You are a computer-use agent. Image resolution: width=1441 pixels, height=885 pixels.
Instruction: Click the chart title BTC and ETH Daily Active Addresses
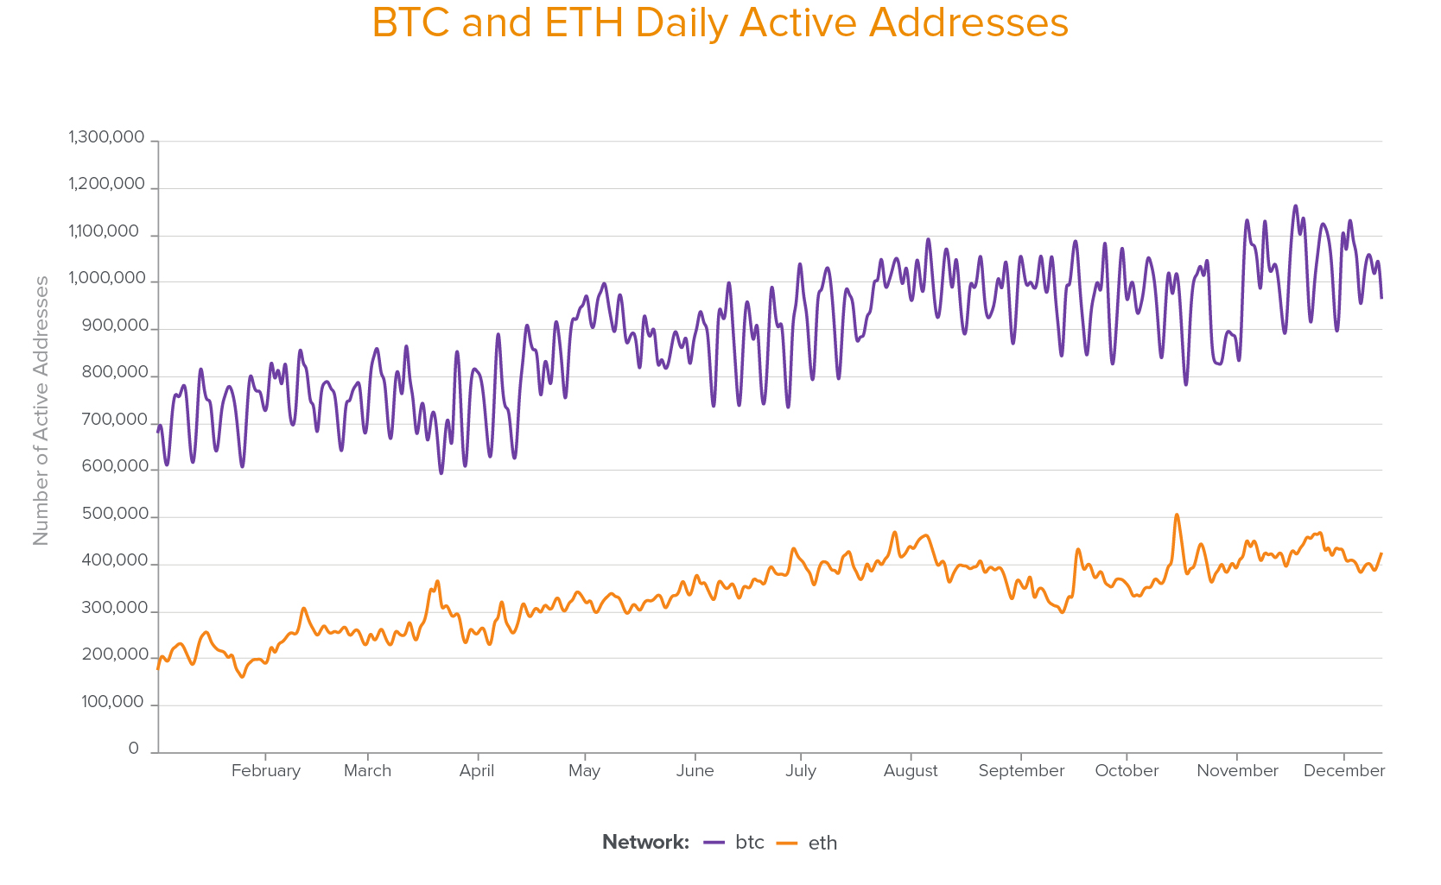coord(720,23)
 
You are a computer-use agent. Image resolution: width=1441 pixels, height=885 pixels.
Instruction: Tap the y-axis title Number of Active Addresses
coord(41,411)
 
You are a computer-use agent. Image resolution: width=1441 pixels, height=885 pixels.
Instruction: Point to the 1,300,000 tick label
coord(106,137)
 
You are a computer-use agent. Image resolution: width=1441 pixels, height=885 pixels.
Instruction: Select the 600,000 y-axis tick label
coord(115,466)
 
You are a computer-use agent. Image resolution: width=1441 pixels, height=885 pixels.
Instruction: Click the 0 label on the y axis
coord(133,749)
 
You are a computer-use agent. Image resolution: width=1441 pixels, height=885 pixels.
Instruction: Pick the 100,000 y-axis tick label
coord(112,702)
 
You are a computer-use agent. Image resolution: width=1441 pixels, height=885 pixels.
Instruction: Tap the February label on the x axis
coord(265,771)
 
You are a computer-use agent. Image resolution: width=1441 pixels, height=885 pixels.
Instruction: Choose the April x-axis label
coord(476,771)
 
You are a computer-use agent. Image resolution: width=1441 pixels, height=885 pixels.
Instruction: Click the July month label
coord(800,771)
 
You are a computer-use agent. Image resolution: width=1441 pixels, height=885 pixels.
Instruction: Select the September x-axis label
coord(1021,771)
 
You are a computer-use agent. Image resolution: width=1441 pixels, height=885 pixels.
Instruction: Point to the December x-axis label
coord(1343,771)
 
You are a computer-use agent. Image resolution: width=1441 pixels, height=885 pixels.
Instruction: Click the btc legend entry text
coord(750,843)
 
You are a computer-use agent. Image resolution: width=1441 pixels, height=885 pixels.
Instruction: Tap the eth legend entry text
coord(822,844)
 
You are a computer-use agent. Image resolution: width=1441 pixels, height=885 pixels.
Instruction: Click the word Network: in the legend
coord(645,843)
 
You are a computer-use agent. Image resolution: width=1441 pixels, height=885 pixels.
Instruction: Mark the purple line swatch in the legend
coord(714,843)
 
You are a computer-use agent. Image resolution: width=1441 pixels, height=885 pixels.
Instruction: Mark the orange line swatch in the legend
coord(787,843)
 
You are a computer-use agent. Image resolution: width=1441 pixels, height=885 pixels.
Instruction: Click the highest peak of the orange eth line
coord(1177,515)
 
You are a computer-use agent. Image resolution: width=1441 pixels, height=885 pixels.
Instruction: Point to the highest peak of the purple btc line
coord(1295,205)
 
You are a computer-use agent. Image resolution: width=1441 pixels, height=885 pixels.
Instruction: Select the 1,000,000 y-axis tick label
coord(107,278)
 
